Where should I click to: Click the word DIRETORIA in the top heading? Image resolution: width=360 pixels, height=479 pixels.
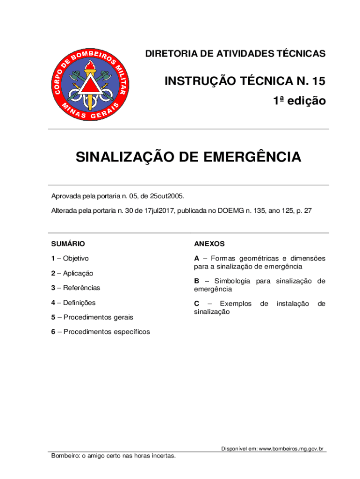[170, 54]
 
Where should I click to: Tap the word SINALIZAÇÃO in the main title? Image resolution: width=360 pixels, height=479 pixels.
[123, 157]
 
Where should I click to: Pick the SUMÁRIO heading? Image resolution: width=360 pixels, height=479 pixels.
[68, 244]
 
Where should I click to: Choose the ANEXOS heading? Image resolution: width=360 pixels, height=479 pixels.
[209, 244]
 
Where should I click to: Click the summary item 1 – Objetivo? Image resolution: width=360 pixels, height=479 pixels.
[70, 258]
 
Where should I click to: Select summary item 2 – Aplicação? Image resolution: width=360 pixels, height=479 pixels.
[72, 273]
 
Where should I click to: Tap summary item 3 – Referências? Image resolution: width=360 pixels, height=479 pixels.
[75, 288]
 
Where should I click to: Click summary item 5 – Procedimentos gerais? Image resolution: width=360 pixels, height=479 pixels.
[92, 317]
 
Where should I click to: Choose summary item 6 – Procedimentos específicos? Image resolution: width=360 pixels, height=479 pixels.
[101, 332]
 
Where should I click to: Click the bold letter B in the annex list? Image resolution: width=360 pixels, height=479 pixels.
[197, 281]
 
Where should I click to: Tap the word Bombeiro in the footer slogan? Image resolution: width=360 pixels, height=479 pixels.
[64, 456]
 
